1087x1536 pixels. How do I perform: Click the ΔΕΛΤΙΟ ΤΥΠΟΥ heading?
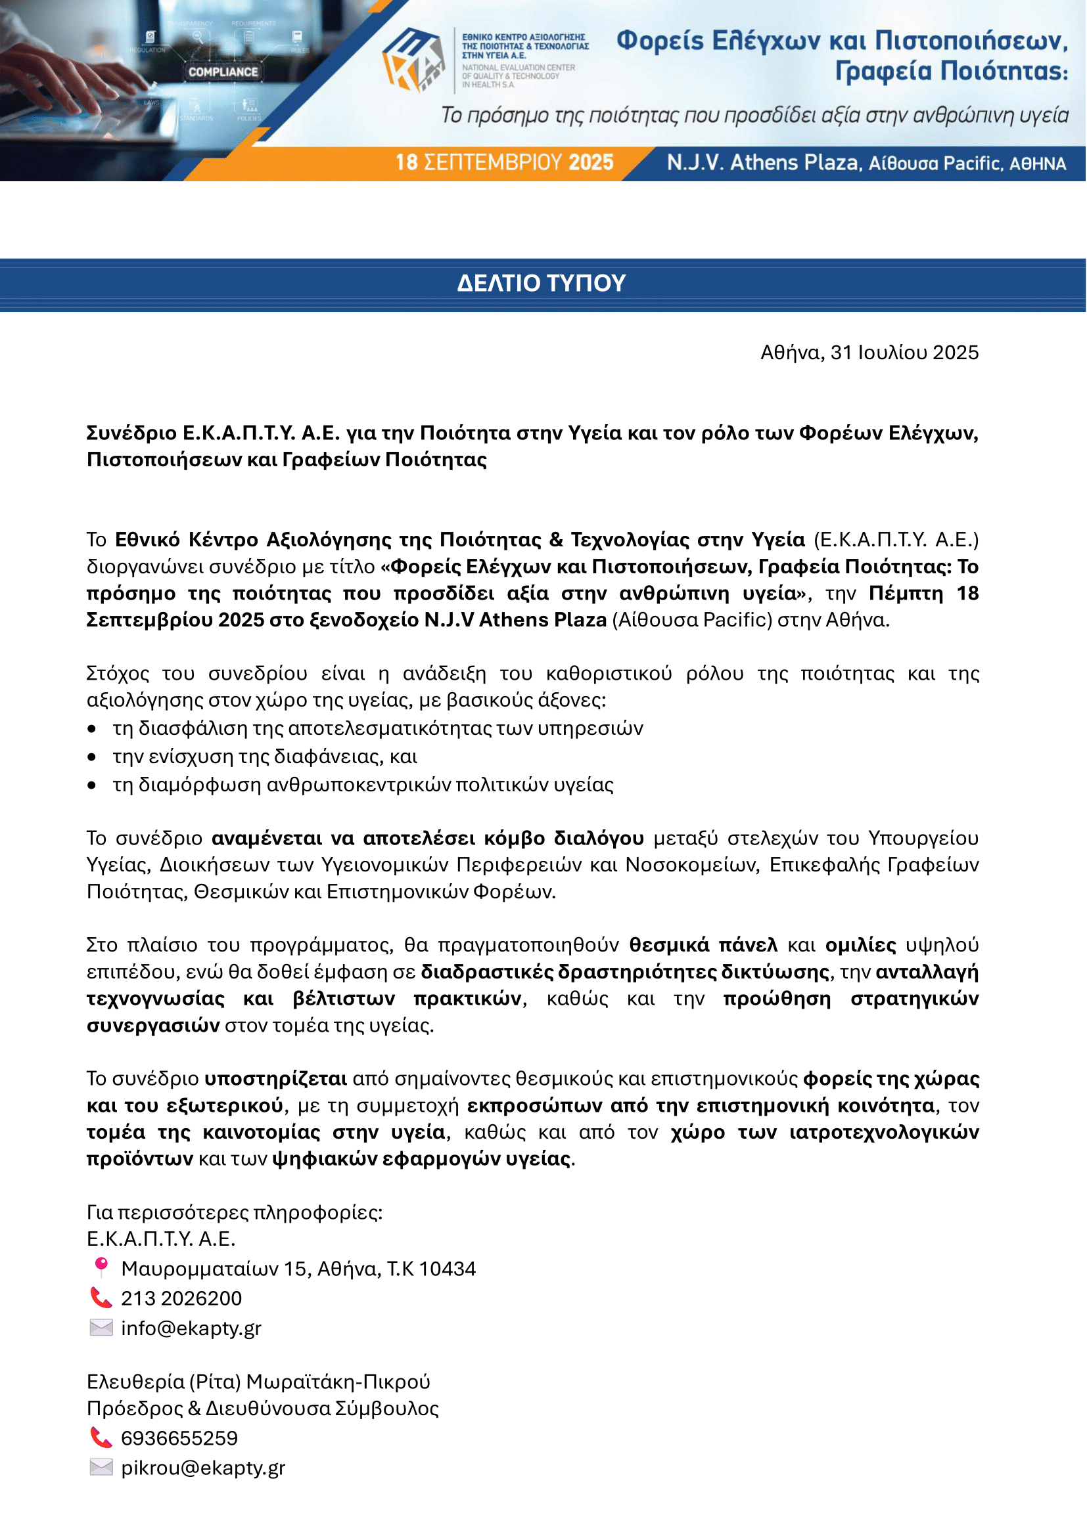pyautogui.click(x=541, y=283)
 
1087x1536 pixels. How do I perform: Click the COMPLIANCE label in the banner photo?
pyautogui.click(x=223, y=72)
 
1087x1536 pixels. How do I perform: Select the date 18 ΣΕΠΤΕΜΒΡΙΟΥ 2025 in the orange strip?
pyautogui.click(x=504, y=163)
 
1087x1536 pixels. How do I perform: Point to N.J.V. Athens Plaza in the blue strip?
pyautogui.click(x=762, y=163)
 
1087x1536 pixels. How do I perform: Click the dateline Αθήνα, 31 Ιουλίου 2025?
pyautogui.click(x=869, y=353)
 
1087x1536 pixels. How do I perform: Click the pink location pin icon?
pyautogui.click(x=101, y=1267)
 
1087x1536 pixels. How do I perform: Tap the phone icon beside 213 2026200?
pyautogui.click(x=101, y=1297)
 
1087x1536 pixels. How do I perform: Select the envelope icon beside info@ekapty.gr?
pyautogui.click(x=101, y=1327)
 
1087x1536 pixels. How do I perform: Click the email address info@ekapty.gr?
pyautogui.click(x=191, y=1328)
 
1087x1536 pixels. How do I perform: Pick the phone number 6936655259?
pyautogui.click(x=179, y=1437)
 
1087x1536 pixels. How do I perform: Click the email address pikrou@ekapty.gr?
pyautogui.click(x=203, y=1468)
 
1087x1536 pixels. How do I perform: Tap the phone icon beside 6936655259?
pyautogui.click(x=101, y=1437)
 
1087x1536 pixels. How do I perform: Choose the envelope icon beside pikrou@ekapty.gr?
pyautogui.click(x=101, y=1467)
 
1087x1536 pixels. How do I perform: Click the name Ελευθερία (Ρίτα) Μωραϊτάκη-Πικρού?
pyautogui.click(x=258, y=1382)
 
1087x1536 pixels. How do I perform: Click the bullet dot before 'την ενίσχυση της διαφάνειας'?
pyautogui.click(x=92, y=757)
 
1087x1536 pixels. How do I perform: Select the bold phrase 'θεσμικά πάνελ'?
pyautogui.click(x=703, y=944)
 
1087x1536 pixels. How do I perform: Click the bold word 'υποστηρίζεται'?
pyautogui.click(x=275, y=1078)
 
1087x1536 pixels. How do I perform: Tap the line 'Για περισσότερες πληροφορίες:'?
pyautogui.click(x=234, y=1212)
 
